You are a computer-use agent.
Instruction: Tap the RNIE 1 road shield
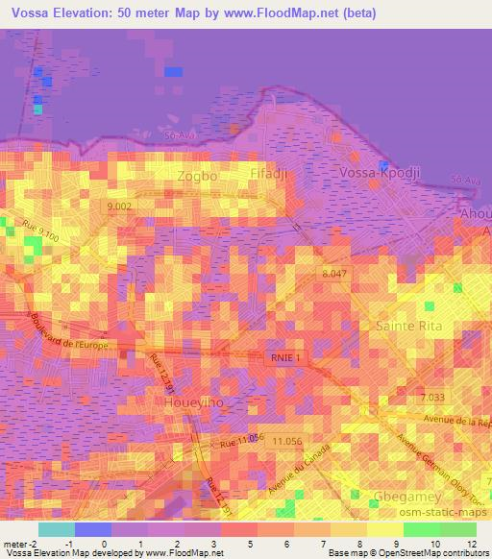[x=284, y=357]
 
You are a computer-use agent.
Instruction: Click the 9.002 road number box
[x=122, y=207]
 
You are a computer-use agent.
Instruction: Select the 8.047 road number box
[x=333, y=274]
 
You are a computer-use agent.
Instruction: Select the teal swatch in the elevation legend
[x=58, y=529]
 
